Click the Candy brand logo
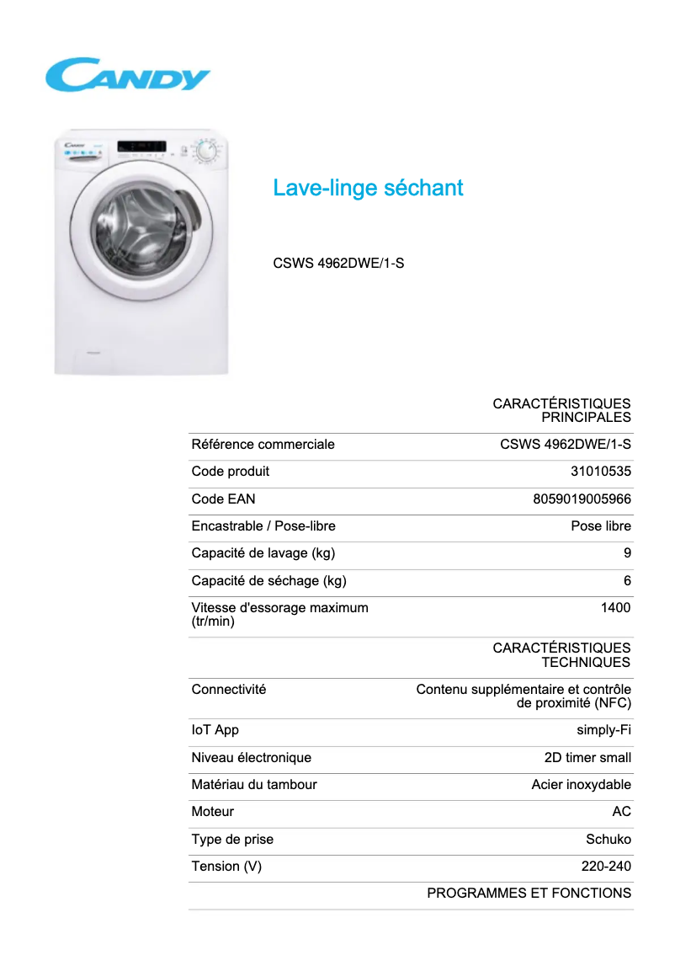pos(127,75)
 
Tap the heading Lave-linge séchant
pos(368,188)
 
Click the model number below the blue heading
pos(338,263)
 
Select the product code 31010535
pos(600,472)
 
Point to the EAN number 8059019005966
pos(582,499)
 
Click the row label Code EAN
pos(223,499)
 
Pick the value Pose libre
pos(600,526)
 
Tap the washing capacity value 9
pos(627,553)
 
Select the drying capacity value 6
pos(627,581)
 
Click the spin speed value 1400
pos(615,608)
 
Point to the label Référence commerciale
pos(263,445)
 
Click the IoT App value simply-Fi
pos(603,730)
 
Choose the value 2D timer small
pos(587,758)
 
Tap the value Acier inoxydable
pos(581,785)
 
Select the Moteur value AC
pos(621,812)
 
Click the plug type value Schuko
pos(608,840)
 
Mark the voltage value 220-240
pos(606,867)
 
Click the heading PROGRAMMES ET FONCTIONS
pos(529,894)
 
